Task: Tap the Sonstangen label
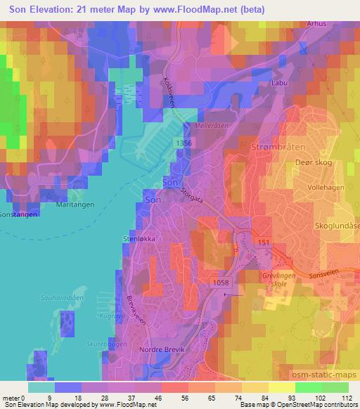[x=18, y=214]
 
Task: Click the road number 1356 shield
[x=184, y=143]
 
